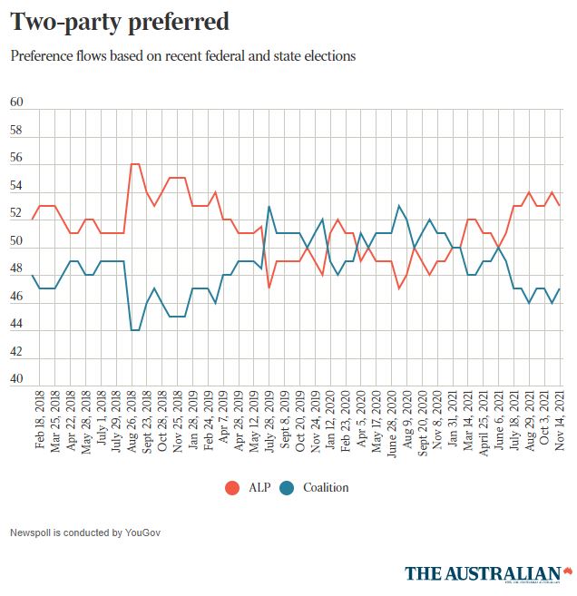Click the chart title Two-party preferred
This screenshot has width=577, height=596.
pyautogui.click(x=119, y=21)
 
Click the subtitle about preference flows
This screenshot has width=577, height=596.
pyautogui.click(x=182, y=56)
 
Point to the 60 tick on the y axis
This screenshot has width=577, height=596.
pyautogui.click(x=16, y=103)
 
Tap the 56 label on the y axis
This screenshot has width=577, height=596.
pyautogui.click(x=16, y=158)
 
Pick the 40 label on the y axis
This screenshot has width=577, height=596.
pyautogui.click(x=16, y=380)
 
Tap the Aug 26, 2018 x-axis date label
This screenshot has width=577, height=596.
pyautogui.click(x=133, y=427)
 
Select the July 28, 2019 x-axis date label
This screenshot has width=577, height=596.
pyautogui.click(x=269, y=427)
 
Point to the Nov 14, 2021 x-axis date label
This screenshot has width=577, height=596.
pyautogui.click(x=560, y=427)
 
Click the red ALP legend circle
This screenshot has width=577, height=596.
pyautogui.click(x=232, y=488)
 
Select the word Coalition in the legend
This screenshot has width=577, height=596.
pyautogui.click(x=327, y=488)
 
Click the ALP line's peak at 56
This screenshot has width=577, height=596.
pyautogui.click(x=135, y=164)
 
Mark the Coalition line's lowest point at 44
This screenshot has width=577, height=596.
pyautogui.click(x=135, y=330)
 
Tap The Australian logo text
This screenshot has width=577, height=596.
pyautogui.click(x=483, y=573)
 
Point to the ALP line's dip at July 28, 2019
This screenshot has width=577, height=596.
pyautogui.click(x=269, y=288)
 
